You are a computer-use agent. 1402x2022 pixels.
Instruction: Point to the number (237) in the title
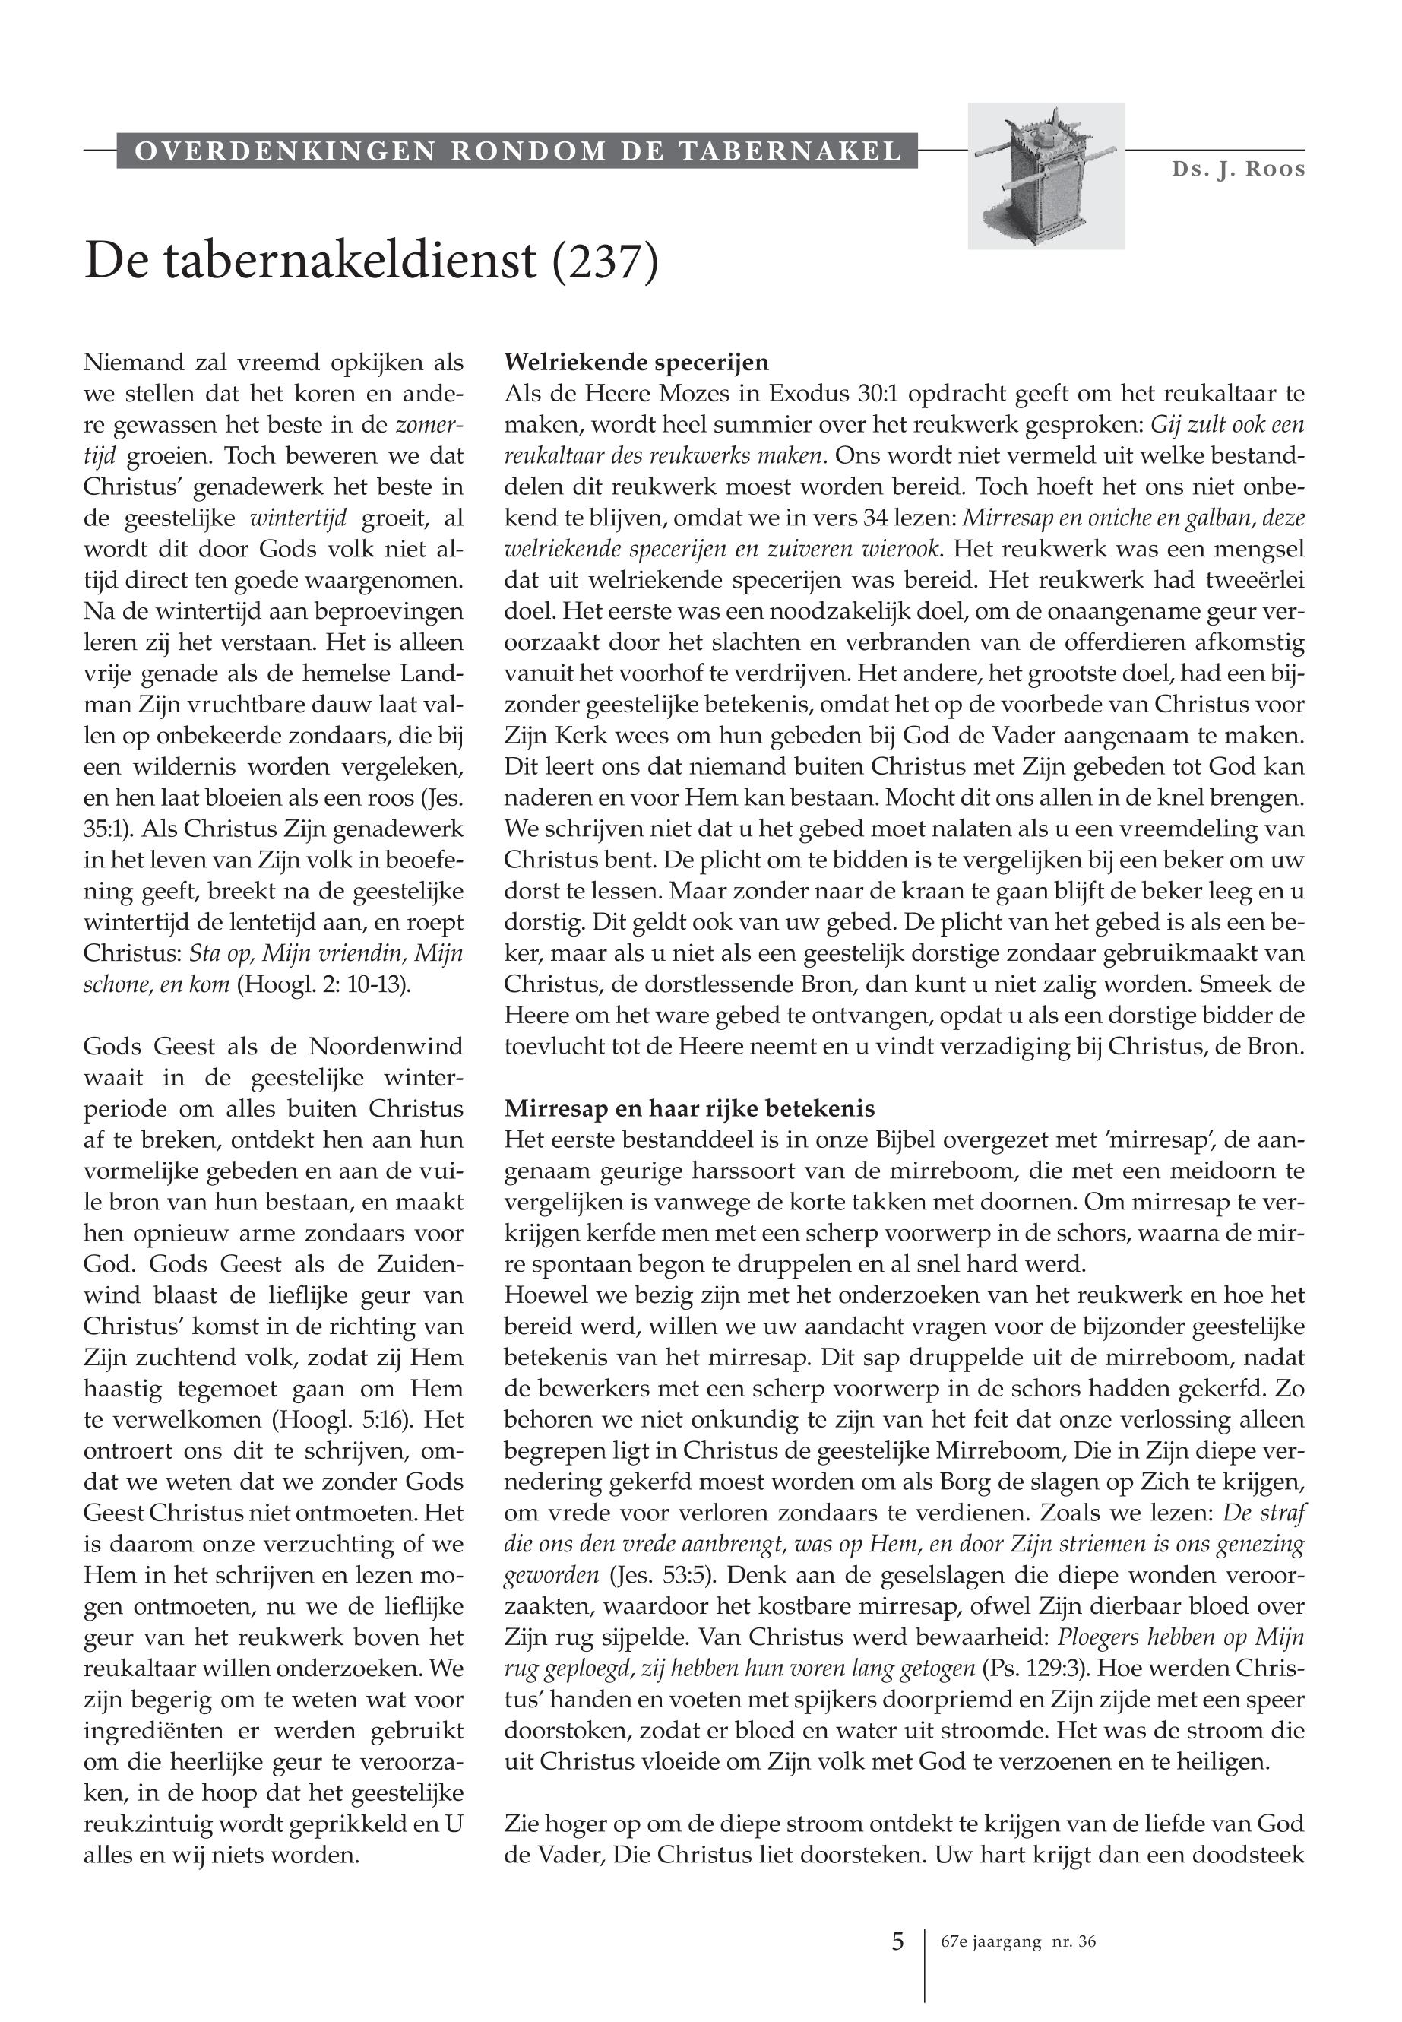click(x=604, y=261)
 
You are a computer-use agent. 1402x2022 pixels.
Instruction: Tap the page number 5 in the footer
click(x=897, y=1941)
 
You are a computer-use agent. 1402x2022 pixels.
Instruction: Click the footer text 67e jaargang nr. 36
click(x=1017, y=1942)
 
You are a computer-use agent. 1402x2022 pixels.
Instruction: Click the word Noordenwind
click(x=387, y=1047)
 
